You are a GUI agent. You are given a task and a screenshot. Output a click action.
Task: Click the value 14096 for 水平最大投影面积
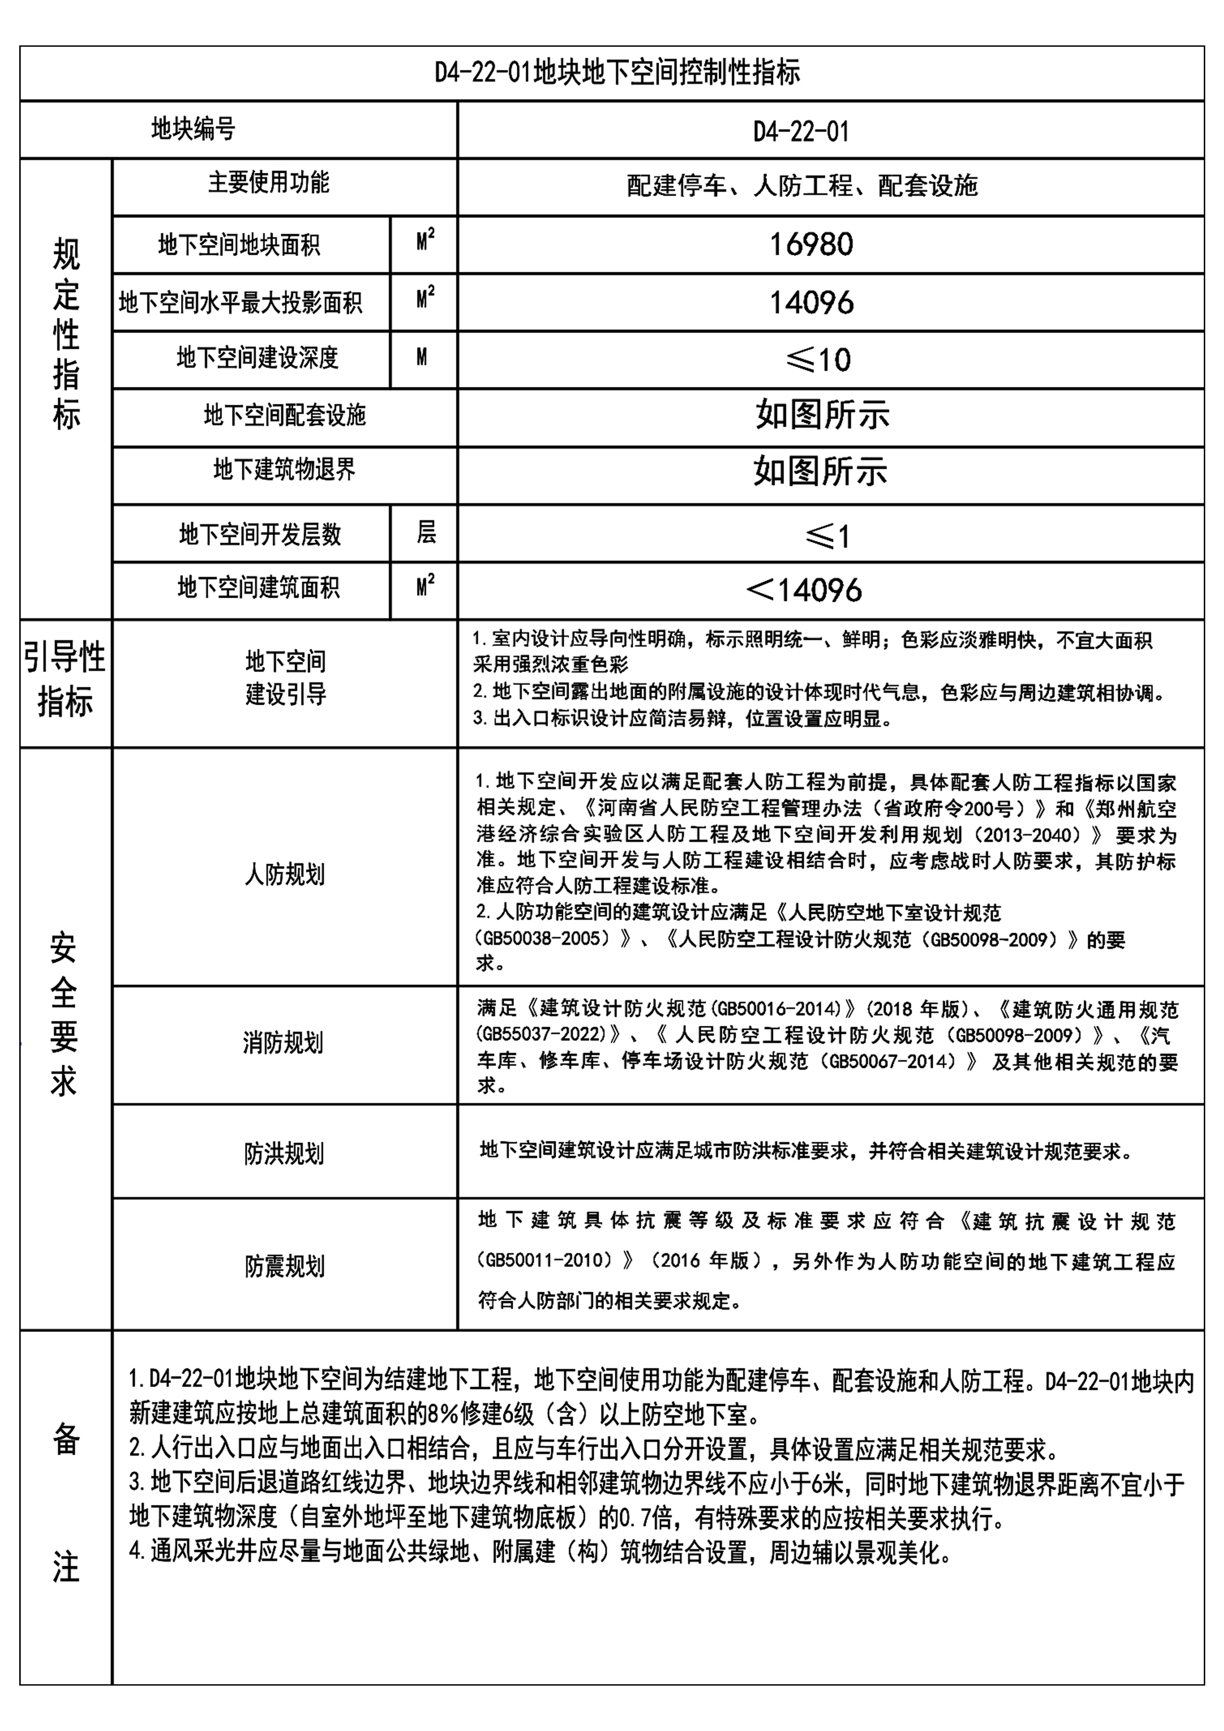click(811, 302)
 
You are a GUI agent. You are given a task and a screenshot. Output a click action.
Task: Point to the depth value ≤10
click(818, 360)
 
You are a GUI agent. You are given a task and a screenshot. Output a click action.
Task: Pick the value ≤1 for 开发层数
click(827, 536)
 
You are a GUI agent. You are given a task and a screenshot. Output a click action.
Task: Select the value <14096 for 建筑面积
click(804, 590)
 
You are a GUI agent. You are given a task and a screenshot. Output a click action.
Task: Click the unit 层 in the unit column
click(425, 533)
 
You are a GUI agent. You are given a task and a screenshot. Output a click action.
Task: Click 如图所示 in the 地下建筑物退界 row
click(821, 472)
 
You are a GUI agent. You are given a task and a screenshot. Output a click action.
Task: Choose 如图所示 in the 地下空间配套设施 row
click(822, 414)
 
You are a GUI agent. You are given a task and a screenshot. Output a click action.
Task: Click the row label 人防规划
click(284, 874)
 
